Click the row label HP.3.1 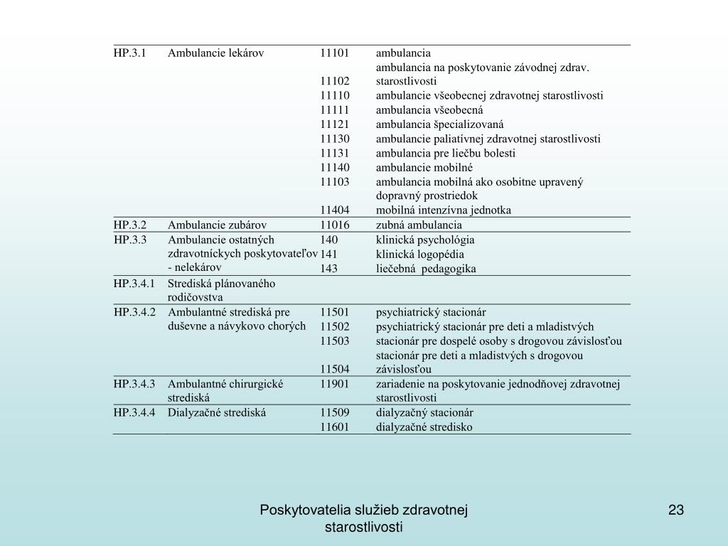click(129, 53)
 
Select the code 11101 click(334, 53)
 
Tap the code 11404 click(334, 210)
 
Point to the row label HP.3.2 click(129, 225)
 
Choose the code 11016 click(334, 225)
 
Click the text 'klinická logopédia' click(419, 254)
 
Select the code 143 click(328, 268)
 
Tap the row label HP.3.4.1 click(134, 283)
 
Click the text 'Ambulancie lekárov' click(216, 53)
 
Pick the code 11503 click(334, 341)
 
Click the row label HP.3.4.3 click(134, 384)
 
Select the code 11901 click(334, 384)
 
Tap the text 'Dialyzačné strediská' click(217, 412)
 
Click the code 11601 click(334, 427)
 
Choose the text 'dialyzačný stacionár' click(424, 412)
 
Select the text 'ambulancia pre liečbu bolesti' click(446, 153)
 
